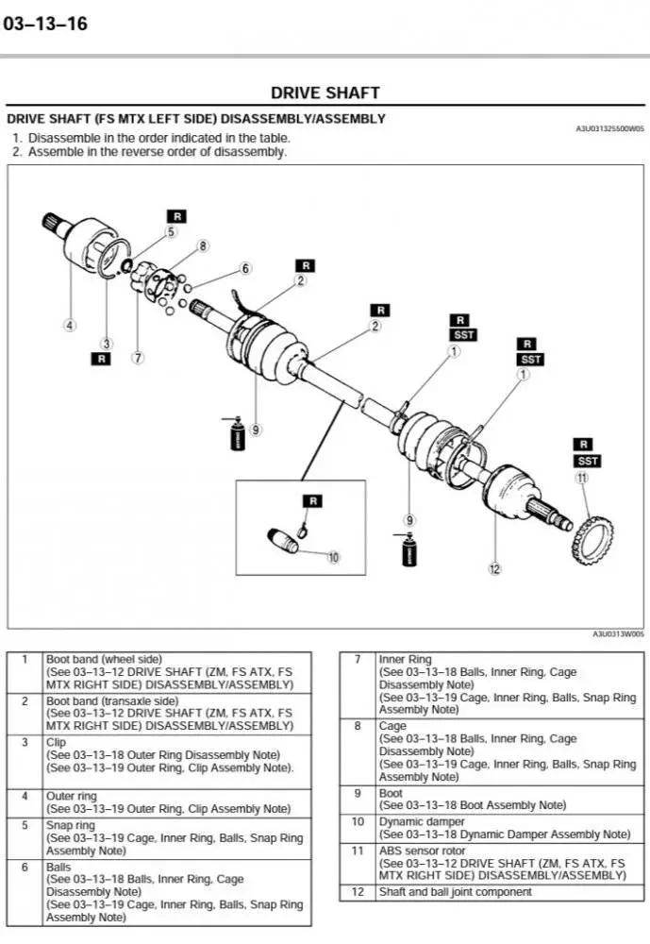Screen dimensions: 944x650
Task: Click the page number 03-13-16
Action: coord(45,25)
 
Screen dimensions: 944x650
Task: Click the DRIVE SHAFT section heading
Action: coord(325,93)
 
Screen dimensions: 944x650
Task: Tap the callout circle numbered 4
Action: coord(70,326)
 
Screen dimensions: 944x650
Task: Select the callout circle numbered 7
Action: coord(138,358)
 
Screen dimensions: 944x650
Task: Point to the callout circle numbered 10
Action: coord(333,557)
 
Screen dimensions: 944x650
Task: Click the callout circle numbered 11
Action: coord(582,478)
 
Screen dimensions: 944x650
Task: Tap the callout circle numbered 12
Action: coord(494,568)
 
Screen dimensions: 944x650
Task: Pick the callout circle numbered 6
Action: coord(246,269)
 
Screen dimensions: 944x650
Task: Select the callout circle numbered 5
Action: coord(172,231)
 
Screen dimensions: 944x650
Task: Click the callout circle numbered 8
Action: coord(203,246)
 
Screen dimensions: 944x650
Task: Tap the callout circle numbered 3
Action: coord(107,343)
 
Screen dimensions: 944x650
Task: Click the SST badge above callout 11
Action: coord(587,461)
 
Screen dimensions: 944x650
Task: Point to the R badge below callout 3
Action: coord(101,359)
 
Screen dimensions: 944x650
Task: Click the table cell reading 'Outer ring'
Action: coord(72,796)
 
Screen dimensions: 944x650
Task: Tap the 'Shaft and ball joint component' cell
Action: coord(456,892)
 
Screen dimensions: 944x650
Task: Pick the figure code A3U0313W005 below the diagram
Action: coord(618,634)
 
